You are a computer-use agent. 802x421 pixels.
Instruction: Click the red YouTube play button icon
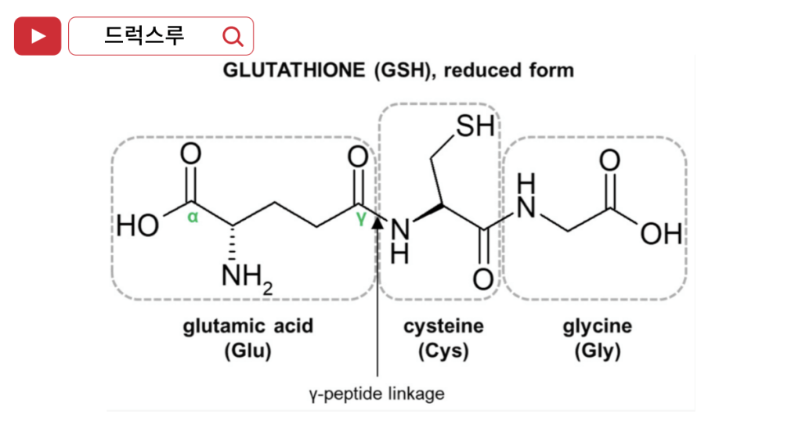(x=37, y=36)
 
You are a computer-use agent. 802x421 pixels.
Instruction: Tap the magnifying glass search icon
(x=233, y=36)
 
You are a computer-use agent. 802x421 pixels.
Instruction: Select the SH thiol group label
(x=475, y=126)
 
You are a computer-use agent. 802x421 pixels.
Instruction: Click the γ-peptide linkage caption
(x=377, y=393)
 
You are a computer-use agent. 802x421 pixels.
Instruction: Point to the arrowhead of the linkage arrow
(x=378, y=224)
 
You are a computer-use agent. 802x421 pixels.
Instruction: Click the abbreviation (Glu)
(x=247, y=351)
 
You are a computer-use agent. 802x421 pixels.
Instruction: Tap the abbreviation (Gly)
(x=597, y=351)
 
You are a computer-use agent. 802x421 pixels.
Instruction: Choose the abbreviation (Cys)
(x=443, y=351)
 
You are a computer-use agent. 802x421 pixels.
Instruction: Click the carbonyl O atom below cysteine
(x=483, y=279)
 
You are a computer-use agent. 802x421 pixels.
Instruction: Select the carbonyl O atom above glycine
(x=609, y=160)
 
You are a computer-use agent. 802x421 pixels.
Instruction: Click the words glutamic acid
(x=247, y=326)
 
